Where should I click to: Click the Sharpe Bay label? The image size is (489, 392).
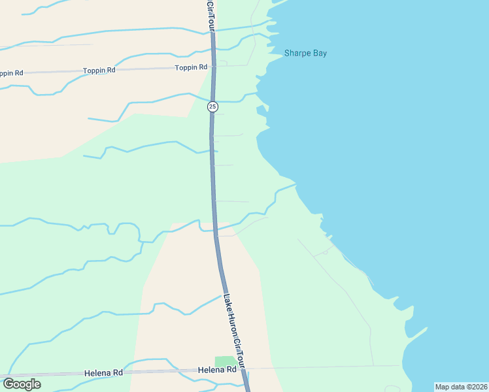[x=305, y=54]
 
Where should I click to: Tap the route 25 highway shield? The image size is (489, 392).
[x=212, y=106]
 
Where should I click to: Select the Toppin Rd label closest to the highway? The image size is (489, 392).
[x=191, y=67]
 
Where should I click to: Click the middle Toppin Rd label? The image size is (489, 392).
[x=99, y=70]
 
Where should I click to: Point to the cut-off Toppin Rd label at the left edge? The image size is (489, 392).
[x=11, y=73]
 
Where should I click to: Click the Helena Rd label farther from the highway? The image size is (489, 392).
[x=103, y=373]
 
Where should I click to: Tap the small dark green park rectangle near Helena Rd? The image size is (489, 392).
[x=226, y=361]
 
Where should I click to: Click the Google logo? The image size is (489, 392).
[x=22, y=384]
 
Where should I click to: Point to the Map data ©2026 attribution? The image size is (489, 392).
[x=461, y=387]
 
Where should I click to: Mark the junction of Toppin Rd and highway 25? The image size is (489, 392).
[x=212, y=67]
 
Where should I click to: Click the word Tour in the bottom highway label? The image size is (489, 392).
[x=242, y=358]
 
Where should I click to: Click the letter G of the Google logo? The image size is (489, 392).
[x=8, y=384]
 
